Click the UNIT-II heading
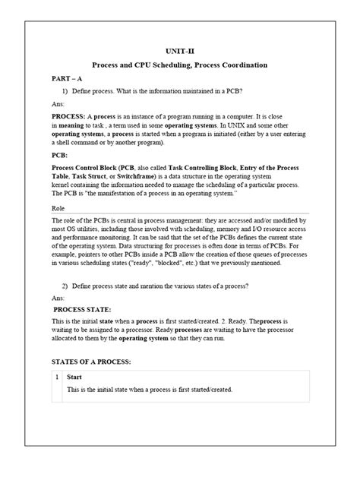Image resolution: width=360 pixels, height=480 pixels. tap(180, 51)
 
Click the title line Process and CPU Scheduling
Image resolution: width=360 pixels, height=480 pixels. tap(180, 66)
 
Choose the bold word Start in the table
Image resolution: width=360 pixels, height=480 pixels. tap(74, 377)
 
